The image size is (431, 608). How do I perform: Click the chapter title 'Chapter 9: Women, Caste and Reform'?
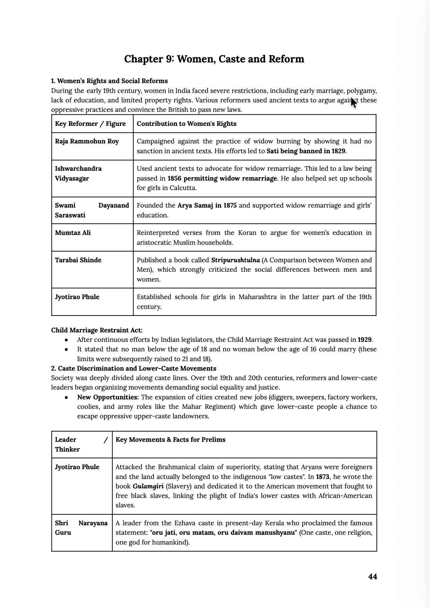(214, 59)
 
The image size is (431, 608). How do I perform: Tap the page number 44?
(372, 576)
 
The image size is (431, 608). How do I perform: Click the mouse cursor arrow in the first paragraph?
(354, 103)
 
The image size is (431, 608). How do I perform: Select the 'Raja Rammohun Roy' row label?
(87, 141)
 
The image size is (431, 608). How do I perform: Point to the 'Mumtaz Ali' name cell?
(73, 233)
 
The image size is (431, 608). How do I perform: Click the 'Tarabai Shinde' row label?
(78, 260)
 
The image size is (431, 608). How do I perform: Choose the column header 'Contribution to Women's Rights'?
(186, 124)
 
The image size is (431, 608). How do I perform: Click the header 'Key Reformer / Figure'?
(90, 124)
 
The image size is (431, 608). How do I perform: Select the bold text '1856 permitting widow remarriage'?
(222, 178)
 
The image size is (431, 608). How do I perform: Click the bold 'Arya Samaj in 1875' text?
(207, 205)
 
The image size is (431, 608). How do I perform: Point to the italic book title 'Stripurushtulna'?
(235, 260)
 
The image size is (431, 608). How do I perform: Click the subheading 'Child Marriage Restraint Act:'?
(97, 330)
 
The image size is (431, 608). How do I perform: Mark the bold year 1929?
(364, 340)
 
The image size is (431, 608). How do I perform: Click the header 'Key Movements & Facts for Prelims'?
(170, 440)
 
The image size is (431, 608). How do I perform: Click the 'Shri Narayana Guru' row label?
(81, 528)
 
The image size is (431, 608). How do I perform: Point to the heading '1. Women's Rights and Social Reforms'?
(109, 81)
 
